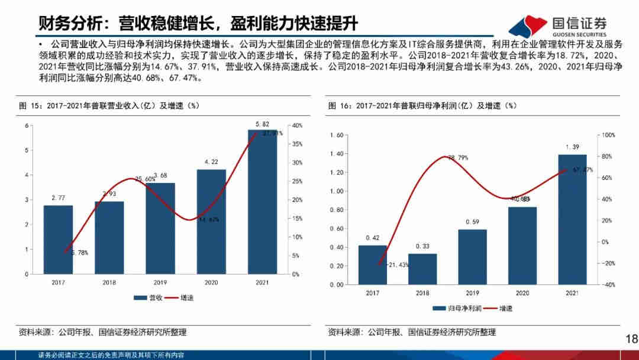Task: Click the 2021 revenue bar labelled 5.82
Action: [x=262, y=201]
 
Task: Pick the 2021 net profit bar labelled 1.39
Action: [x=572, y=219]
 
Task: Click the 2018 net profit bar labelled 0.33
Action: [x=422, y=269]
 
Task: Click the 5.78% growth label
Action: [x=78, y=253]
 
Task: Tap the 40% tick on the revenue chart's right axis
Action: [x=297, y=126]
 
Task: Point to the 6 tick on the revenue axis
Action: [x=26, y=126]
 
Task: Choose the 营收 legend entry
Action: [x=149, y=298]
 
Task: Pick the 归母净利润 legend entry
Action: [x=457, y=308]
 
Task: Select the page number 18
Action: [x=631, y=339]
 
